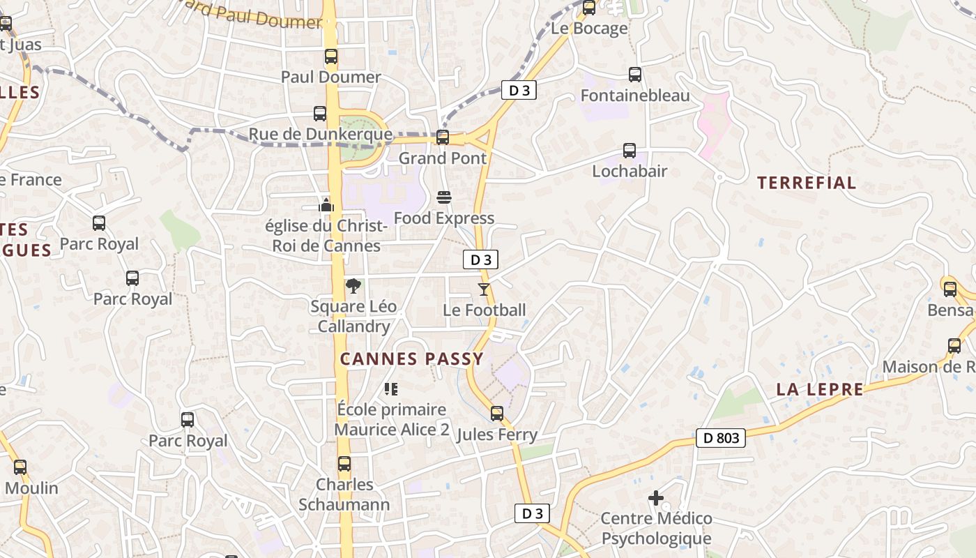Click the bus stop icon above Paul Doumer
point(331,56)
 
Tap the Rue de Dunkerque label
point(320,135)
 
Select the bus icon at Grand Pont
point(443,137)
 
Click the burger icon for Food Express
point(443,197)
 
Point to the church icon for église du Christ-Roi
point(326,205)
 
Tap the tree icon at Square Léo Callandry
point(353,285)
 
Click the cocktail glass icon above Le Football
point(484,289)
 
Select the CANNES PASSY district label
point(411,359)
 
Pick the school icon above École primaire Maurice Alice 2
point(391,389)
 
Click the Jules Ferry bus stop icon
point(497,414)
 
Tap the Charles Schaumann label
point(344,494)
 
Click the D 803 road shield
point(721,438)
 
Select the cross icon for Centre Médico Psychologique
point(656,498)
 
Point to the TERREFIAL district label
point(807,183)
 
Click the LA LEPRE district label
point(820,390)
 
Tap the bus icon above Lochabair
point(630,151)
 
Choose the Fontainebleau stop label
point(635,96)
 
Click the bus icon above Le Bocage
point(589,8)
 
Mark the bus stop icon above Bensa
point(950,289)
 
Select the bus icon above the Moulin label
point(20,467)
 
